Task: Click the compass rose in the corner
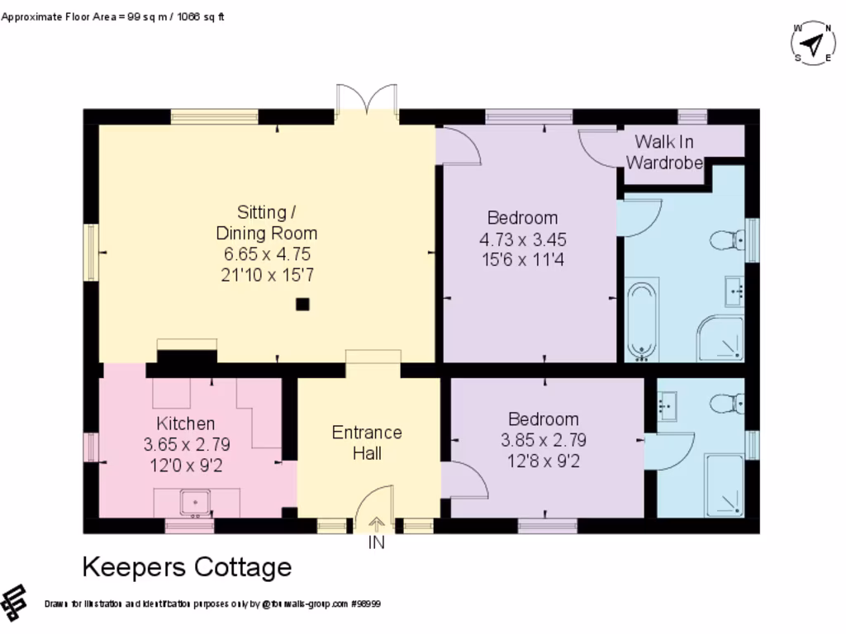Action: pos(813,43)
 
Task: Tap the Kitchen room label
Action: pos(186,423)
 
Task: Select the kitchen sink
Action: pos(195,503)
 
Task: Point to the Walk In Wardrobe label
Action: pos(664,152)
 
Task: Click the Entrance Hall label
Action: pos(367,442)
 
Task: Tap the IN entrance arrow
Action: pos(376,524)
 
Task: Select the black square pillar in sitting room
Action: pos(302,305)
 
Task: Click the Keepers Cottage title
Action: pos(188,567)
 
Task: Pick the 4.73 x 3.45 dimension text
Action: pos(523,239)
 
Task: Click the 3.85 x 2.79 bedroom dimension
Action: pos(544,441)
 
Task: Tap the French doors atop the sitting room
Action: pos(367,100)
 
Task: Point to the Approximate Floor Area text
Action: pos(112,17)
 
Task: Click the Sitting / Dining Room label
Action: pos(267,223)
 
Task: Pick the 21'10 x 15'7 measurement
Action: pos(267,276)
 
